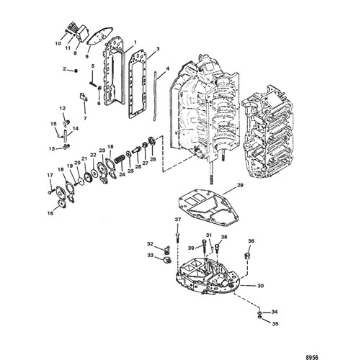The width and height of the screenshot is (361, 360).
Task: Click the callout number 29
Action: pyautogui.click(x=240, y=185)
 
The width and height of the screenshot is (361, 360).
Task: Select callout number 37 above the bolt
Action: pyautogui.click(x=178, y=220)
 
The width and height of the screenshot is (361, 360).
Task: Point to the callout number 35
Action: pyautogui.click(x=275, y=324)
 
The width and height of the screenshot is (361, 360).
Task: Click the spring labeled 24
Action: pyautogui.click(x=120, y=159)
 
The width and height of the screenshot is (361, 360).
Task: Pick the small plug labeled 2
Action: pyautogui.click(x=76, y=71)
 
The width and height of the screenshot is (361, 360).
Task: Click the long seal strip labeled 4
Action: pyautogui.click(x=156, y=96)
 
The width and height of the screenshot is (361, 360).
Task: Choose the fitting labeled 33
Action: pyautogui.click(x=166, y=260)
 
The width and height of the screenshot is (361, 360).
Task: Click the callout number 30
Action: pyautogui.click(x=260, y=286)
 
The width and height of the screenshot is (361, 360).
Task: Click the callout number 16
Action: pyautogui.click(x=50, y=213)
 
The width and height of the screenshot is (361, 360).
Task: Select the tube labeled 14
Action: pyautogui.click(x=65, y=136)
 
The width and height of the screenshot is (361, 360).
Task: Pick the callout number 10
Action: pyautogui.click(x=58, y=43)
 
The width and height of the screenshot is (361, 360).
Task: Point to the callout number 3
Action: pyautogui.click(x=158, y=49)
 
